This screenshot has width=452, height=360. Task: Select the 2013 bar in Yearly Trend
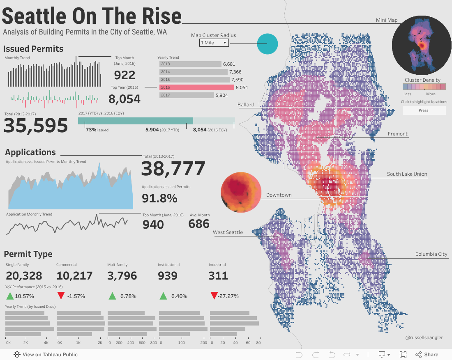tap(190, 64)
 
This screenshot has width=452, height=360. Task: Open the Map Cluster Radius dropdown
tap(214, 43)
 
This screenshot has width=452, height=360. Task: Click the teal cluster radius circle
tap(268, 44)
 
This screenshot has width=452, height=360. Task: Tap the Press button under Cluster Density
tap(424, 110)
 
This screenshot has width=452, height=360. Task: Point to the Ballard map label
tap(246, 105)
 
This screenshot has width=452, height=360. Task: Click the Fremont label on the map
tap(397, 134)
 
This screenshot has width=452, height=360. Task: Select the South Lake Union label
tap(407, 174)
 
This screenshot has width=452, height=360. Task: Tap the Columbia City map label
tap(431, 254)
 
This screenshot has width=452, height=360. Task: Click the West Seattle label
tap(228, 232)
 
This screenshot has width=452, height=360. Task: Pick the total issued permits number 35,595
tap(36, 126)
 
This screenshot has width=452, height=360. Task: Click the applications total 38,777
tap(173, 169)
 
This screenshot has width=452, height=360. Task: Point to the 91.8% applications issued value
tap(159, 198)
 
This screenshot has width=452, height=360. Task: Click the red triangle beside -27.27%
tap(214, 296)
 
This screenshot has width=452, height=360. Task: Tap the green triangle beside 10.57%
tap(10, 296)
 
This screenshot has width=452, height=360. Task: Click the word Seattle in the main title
tap(34, 16)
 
